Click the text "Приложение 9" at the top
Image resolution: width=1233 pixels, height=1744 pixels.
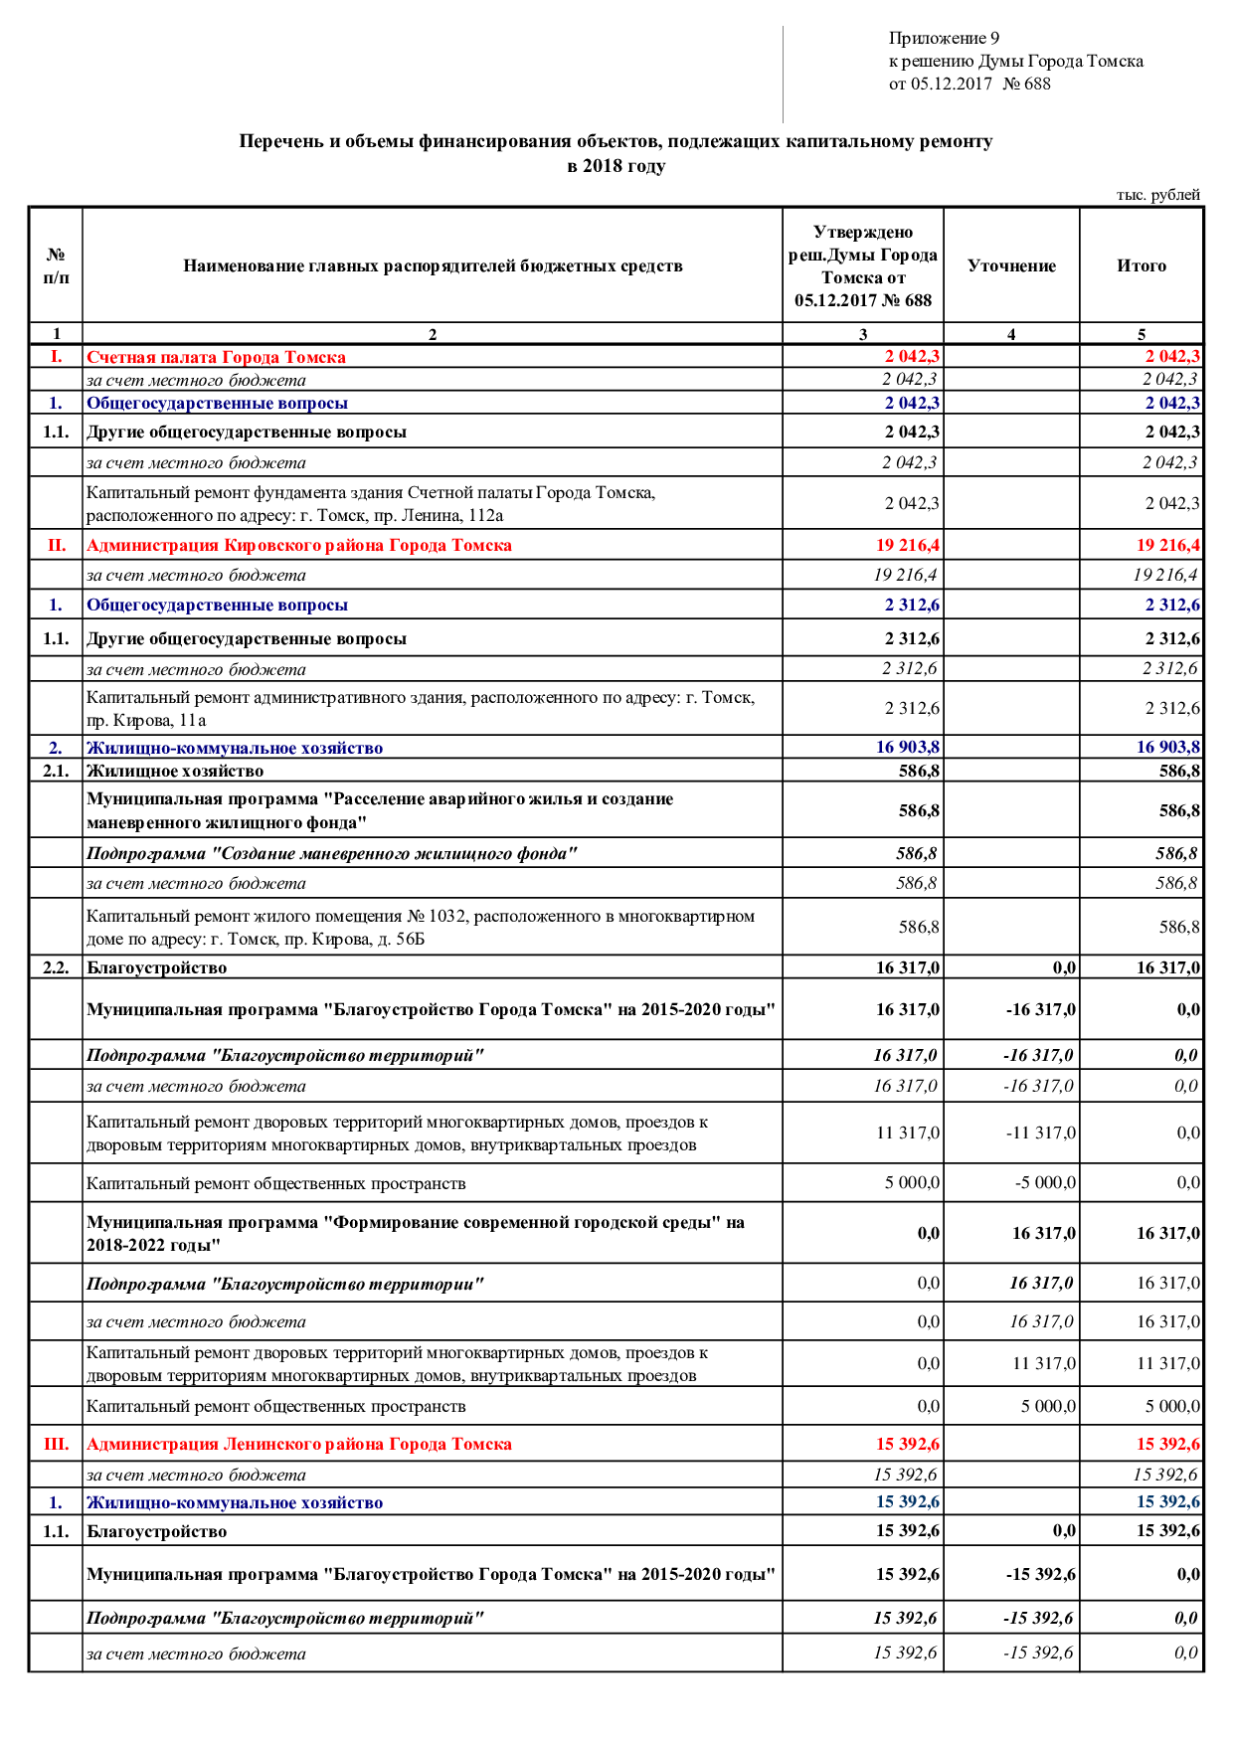coord(944,39)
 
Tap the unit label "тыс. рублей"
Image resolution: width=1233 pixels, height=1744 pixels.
coord(1157,195)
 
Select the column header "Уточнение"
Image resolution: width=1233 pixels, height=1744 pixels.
coord(1011,265)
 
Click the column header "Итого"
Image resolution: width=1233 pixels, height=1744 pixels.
coord(1142,265)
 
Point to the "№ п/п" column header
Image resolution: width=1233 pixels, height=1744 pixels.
coord(56,265)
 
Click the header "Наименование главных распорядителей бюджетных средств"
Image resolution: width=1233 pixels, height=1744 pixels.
coord(433,265)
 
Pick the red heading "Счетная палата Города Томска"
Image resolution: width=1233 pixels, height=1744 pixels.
coord(216,357)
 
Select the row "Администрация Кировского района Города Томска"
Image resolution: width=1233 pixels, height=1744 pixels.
coord(298,545)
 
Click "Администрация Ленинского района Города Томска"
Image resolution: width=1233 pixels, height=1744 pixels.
coord(298,1444)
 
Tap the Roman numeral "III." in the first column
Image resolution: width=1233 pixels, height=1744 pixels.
coord(56,1444)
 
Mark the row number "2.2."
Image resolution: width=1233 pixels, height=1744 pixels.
coord(56,967)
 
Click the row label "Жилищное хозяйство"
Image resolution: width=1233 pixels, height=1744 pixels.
coord(175,771)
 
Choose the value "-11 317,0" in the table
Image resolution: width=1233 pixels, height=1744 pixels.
coord(1040,1133)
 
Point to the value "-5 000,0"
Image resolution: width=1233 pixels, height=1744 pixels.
coord(1045,1182)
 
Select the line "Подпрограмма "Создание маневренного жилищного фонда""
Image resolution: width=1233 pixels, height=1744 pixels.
coord(331,853)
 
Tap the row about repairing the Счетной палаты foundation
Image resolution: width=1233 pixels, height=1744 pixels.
coord(370,503)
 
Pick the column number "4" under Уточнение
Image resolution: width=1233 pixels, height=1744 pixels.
coord(1011,334)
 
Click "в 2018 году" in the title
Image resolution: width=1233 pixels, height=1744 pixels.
coord(616,166)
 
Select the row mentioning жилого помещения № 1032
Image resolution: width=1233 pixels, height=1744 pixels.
coord(420,927)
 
